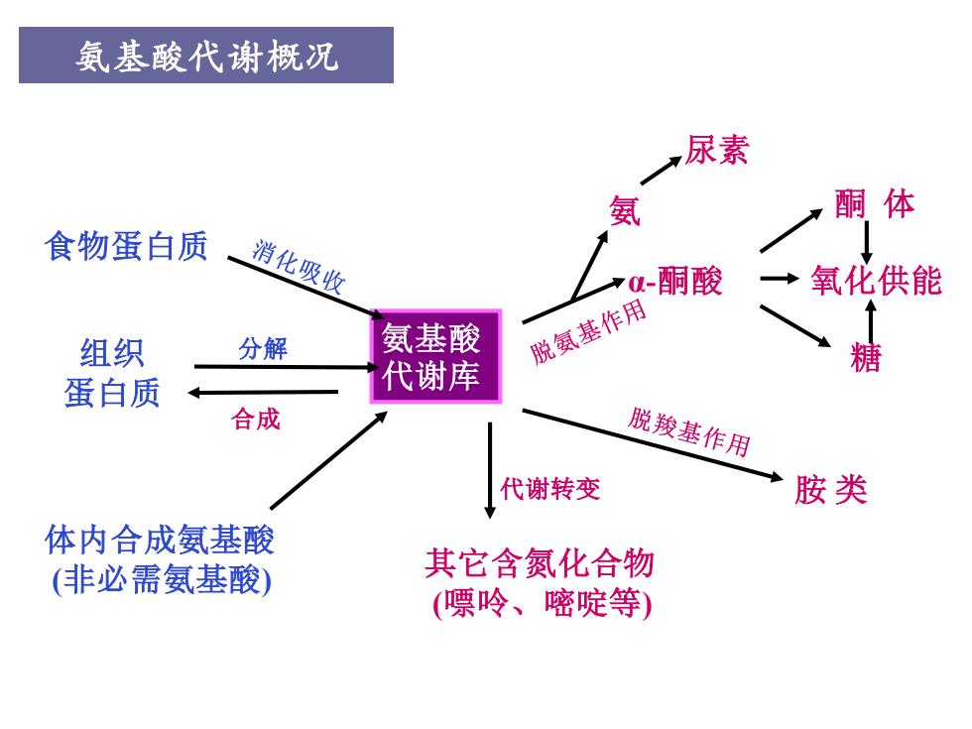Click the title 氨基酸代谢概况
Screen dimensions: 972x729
pos(206,57)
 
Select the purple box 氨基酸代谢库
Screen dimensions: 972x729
pos(435,356)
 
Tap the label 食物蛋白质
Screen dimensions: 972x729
pos(126,246)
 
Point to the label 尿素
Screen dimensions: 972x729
pos(716,151)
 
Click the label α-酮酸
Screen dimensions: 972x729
pos(675,281)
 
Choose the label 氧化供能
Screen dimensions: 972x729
pos(876,280)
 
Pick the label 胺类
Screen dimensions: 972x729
pos(831,490)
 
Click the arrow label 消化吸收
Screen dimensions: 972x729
pos(299,267)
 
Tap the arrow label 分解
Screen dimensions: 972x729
pos(263,348)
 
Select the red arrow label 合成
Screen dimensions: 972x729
pos(256,419)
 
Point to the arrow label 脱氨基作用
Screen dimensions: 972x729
pos(588,331)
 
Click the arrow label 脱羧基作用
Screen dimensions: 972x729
pos(689,431)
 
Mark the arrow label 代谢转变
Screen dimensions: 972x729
pos(550,488)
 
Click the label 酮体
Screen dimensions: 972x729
pos(874,204)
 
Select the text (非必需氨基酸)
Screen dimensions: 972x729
pos(163,580)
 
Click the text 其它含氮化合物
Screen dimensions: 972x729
pos(540,563)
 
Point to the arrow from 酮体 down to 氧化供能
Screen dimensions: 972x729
pos(867,242)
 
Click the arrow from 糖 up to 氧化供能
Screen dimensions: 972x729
pos(872,321)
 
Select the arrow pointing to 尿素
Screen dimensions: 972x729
pos(661,171)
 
